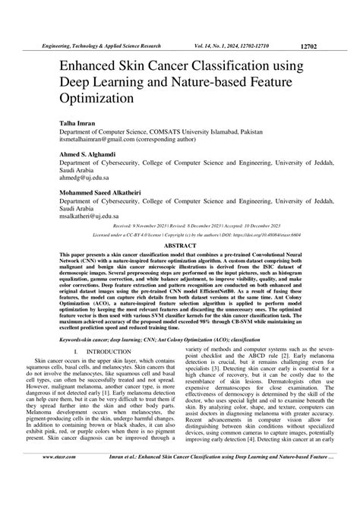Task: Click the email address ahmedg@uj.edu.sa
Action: pyautogui.click(x=80, y=175)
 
